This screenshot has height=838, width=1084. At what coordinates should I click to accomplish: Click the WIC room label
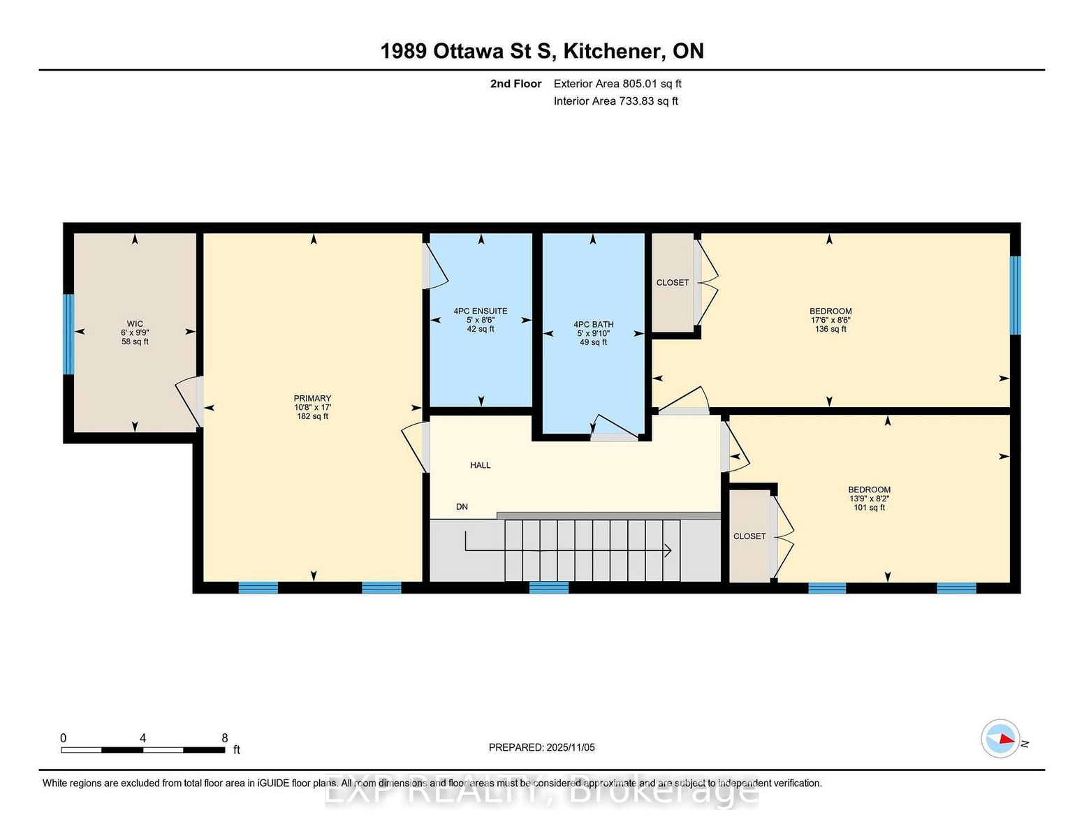point(135,323)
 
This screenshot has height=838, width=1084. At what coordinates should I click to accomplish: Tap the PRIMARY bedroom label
point(312,398)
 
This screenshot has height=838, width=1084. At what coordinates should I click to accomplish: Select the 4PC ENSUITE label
point(481,311)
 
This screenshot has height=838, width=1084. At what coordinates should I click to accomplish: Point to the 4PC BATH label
point(593,325)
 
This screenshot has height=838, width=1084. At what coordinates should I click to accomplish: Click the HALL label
point(481,465)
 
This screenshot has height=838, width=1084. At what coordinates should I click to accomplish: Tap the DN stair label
point(462,506)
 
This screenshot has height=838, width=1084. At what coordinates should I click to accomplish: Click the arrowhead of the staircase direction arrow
point(668,551)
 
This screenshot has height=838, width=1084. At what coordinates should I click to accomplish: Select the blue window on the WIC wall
point(68,334)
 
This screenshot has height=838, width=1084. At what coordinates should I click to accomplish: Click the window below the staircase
point(549,588)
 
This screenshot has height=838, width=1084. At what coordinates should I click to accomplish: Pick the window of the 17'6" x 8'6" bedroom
point(1015,295)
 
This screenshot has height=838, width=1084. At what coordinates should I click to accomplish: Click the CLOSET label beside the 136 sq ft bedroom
point(673,283)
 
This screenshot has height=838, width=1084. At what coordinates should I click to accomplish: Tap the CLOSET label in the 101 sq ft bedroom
point(749,536)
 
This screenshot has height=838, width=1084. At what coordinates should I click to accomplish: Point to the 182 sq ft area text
point(312,416)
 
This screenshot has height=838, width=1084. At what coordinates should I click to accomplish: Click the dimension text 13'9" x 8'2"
point(869,499)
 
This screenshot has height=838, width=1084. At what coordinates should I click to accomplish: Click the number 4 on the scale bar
point(142,738)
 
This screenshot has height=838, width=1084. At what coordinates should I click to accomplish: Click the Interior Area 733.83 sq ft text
point(615,101)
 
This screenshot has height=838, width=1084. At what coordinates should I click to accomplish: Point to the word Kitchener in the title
point(613,52)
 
